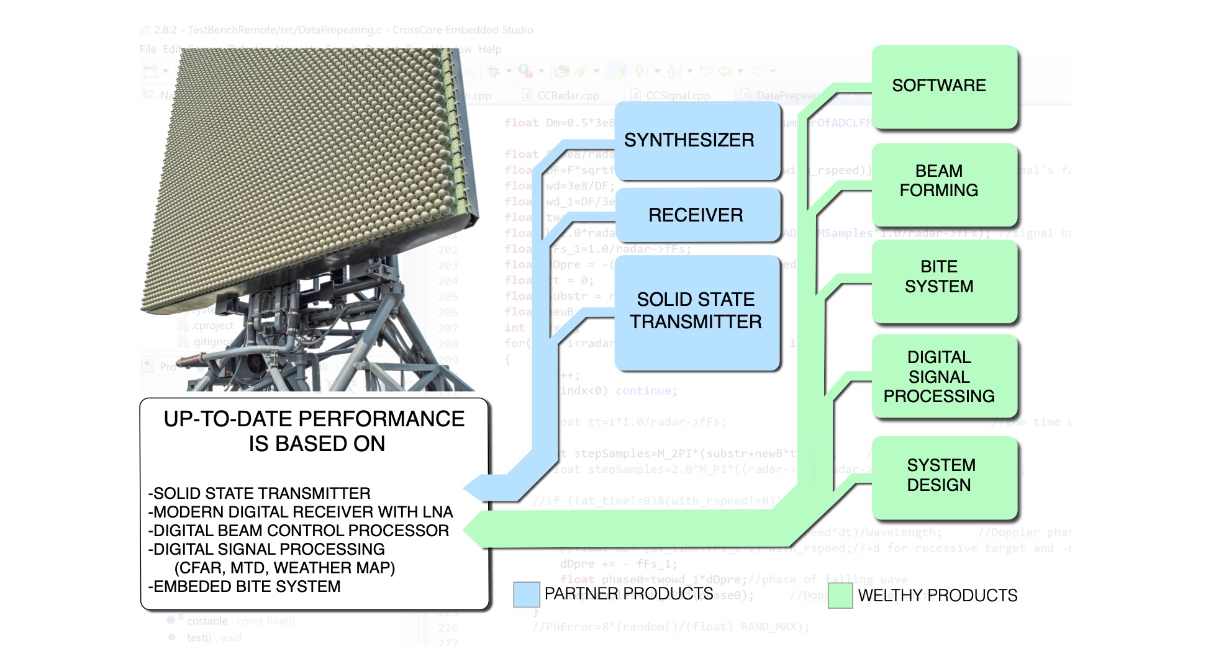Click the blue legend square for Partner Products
coord(527,594)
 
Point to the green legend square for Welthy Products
coord(840,596)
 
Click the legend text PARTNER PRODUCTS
coord(628,594)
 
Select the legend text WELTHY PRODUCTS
coord(938,596)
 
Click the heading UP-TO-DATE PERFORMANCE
coord(314,419)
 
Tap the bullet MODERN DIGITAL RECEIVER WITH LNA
coord(301,512)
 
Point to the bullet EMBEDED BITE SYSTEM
coord(245,586)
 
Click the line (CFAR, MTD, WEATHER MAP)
coord(284,568)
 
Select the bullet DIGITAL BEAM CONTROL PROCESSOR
coord(299,531)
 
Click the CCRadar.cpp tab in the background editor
coord(568,96)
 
